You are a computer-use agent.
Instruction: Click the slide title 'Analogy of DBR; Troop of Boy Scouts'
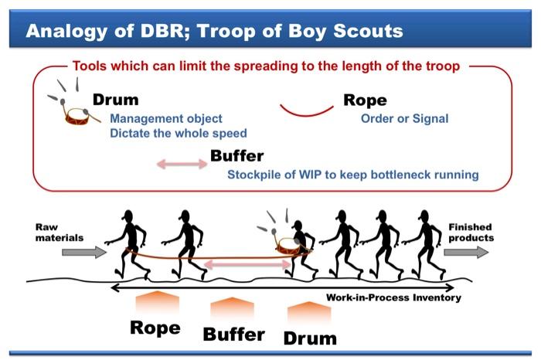pos(214,32)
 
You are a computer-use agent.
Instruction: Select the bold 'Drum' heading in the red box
pos(115,100)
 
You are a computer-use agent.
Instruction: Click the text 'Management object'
pos(165,119)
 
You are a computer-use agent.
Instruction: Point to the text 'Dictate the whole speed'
pos(179,133)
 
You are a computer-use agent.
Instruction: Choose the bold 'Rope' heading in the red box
pos(365,100)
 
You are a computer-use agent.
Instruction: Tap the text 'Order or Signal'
pos(404,119)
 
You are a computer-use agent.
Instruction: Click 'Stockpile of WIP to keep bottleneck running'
pos(352,175)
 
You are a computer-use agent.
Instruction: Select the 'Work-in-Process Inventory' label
pos(393,297)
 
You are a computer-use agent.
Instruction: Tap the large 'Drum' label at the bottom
pos(310,338)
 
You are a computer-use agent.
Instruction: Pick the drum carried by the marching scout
pos(293,246)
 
